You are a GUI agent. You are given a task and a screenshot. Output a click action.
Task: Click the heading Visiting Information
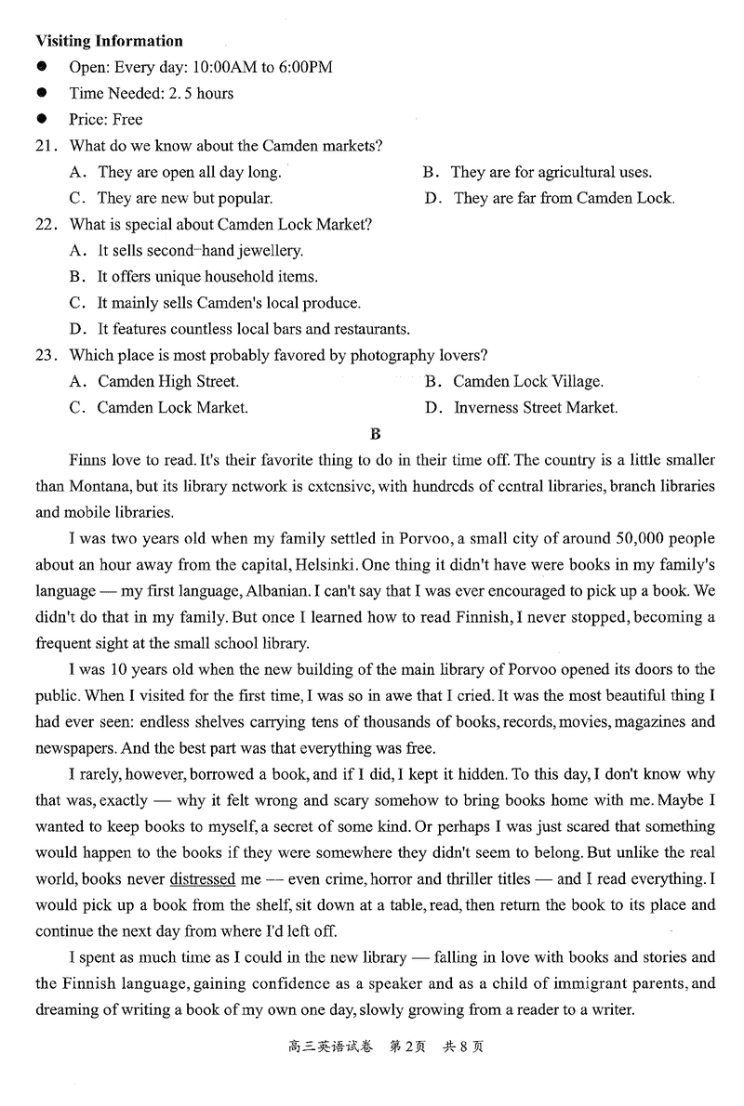tap(109, 41)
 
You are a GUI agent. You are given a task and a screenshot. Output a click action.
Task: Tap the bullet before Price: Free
tap(43, 119)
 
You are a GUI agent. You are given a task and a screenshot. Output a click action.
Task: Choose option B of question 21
tap(537, 172)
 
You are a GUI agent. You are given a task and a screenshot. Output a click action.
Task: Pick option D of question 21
tap(549, 198)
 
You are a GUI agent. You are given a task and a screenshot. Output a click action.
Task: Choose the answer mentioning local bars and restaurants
tap(240, 329)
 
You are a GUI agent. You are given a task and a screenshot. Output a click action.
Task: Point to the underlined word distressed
tap(200, 878)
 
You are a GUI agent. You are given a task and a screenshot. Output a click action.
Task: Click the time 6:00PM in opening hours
tap(303, 67)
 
